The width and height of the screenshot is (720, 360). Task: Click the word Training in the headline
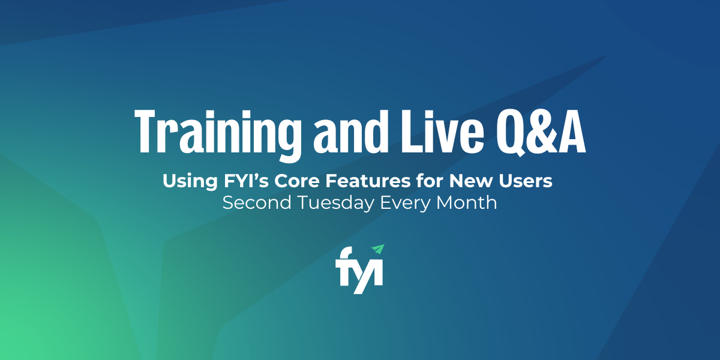click(x=218, y=135)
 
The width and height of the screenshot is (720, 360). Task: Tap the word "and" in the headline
click(x=350, y=131)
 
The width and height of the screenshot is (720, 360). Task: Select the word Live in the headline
click(x=442, y=131)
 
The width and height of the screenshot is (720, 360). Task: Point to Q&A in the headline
click(x=541, y=133)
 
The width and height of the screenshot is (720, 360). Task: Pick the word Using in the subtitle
click(x=190, y=182)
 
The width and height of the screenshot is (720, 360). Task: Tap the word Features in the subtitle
click(x=368, y=181)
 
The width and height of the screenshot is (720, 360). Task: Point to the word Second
click(x=257, y=203)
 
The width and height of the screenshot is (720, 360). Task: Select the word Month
click(x=466, y=203)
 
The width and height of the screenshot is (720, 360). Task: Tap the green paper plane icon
click(x=379, y=249)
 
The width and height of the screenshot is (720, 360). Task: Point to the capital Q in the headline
click(x=514, y=133)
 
